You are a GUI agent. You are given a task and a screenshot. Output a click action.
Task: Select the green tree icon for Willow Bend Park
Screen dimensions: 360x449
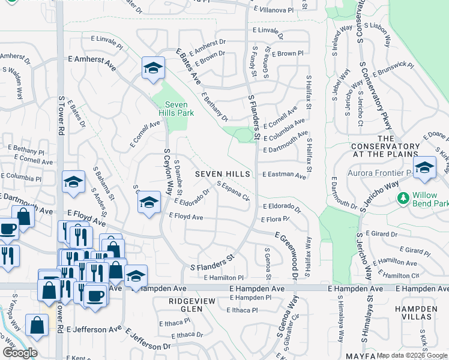[x=403, y=197]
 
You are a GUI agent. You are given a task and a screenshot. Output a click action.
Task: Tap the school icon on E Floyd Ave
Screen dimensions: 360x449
[x=149, y=202]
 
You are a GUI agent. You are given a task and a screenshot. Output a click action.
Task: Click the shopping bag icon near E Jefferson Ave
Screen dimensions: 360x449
[x=37, y=325]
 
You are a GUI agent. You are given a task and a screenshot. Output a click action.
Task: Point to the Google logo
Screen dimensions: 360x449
[x=20, y=353]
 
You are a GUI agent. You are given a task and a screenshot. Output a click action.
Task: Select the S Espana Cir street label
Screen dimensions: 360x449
[x=232, y=191]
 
